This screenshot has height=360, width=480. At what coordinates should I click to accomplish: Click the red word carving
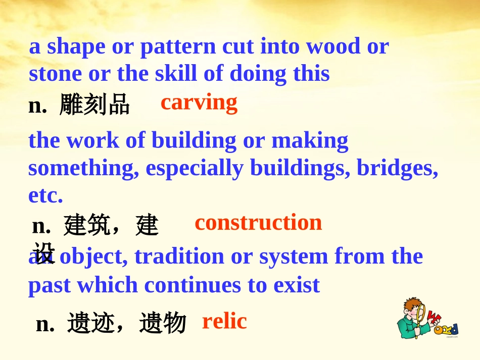click(199, 102)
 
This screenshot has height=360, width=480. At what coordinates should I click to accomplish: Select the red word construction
click(258, 223)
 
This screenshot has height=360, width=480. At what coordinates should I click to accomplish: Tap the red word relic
click(224, 321)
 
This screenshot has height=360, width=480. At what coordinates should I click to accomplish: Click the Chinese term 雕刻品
click(94, 105)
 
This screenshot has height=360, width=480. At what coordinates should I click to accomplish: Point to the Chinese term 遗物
click(163, 323)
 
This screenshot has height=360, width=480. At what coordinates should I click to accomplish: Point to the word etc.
click(45, 196)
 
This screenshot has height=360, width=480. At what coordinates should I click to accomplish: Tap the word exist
click(297, 285)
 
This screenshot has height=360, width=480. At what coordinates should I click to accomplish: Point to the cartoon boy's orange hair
click(413, 304)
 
